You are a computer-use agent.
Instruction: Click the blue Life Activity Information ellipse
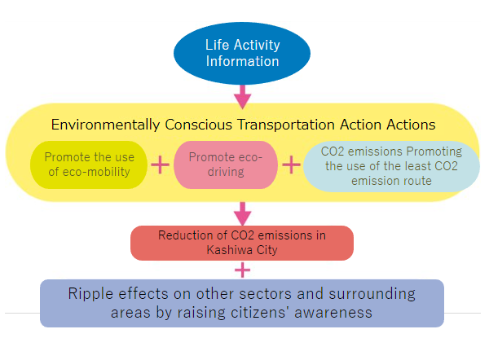[242, 53]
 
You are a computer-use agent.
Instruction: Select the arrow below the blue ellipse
[243, 97]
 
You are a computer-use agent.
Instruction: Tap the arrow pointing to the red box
[243, 214]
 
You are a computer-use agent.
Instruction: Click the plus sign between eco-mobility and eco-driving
[160, 165]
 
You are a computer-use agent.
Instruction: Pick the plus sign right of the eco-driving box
[291, 165]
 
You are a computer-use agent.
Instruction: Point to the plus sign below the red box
[242, 270]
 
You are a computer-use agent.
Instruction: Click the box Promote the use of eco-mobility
[89, 165]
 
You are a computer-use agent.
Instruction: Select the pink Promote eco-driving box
[226, 165]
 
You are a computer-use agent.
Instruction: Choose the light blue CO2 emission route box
[391, 166]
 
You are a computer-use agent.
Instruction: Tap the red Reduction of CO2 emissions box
[242, 243]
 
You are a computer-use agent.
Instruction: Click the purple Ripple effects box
[242, 303]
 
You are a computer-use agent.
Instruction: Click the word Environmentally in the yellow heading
[106, 125]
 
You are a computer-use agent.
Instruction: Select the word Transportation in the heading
[286, 125]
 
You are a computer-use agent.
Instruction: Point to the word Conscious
[199, 125]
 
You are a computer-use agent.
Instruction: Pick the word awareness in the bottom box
[333, 313]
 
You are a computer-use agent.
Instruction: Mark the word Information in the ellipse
[242, 61]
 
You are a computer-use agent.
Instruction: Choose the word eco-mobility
[96, 172]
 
